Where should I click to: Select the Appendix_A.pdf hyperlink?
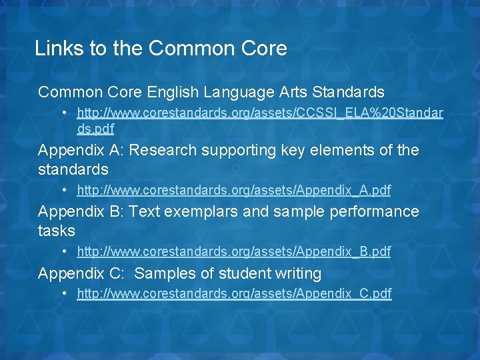click(234, 191)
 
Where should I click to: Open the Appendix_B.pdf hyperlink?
click(234, 252)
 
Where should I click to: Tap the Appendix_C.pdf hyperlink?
click(234, 293)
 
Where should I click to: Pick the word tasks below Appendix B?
click(57, 231)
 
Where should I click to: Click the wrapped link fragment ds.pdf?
click(95, 129)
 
